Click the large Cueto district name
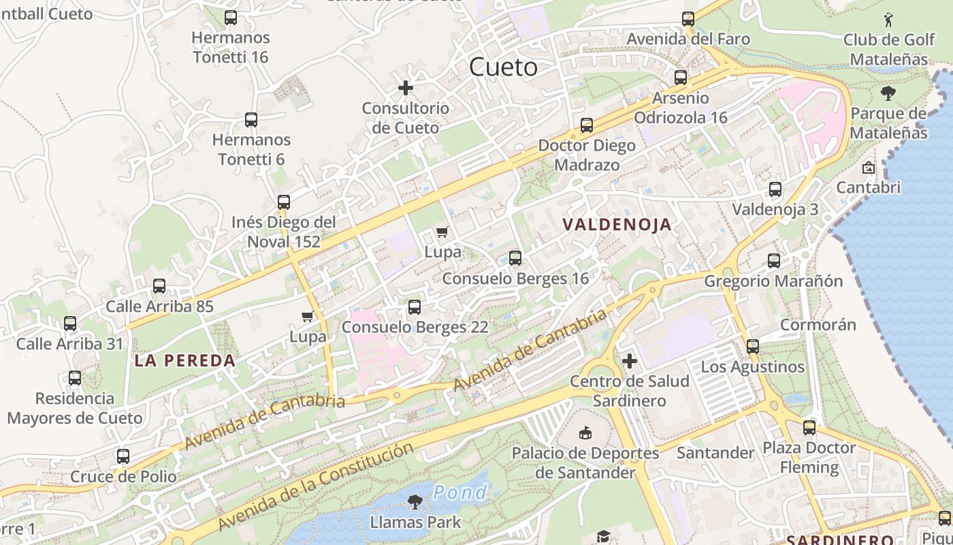[504, 67]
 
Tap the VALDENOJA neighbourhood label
[617, 225]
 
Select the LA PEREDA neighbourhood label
[184, 361]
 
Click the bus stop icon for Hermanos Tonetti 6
[251, 120]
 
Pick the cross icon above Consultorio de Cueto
[406, 88]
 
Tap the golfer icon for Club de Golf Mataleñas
[888, 19]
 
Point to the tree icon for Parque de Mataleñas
[888, 93]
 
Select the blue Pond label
[460, 492]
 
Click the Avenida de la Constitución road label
[316, 486]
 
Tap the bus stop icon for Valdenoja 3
[775, 189]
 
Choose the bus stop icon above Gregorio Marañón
[774, 260]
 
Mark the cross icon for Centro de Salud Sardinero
[630, 360]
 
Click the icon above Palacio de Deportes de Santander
[585, 433]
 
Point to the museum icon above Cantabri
[869, 167]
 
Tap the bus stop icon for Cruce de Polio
[123, 456]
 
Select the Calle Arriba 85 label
[159, 307]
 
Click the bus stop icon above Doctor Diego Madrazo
[587, 125]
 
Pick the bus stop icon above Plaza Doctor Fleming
[809, 428]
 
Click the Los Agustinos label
[752, 367]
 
